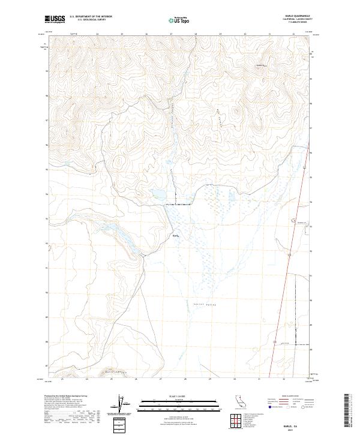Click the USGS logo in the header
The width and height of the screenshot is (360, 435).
point(55,20)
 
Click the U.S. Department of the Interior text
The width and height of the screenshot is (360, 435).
point(91,17)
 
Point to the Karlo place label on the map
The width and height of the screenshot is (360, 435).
point(175,236)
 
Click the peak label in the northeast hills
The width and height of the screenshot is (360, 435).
point(260,64)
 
